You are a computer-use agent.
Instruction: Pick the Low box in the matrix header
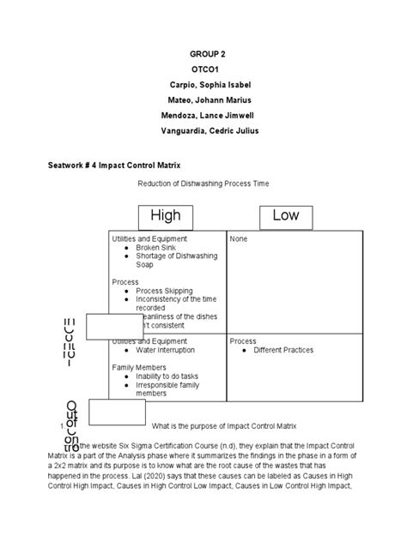286,215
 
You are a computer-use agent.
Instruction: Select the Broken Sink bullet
156,247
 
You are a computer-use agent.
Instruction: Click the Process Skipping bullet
164,291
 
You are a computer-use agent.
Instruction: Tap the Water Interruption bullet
169,351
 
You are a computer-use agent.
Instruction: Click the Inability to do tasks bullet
170,376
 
